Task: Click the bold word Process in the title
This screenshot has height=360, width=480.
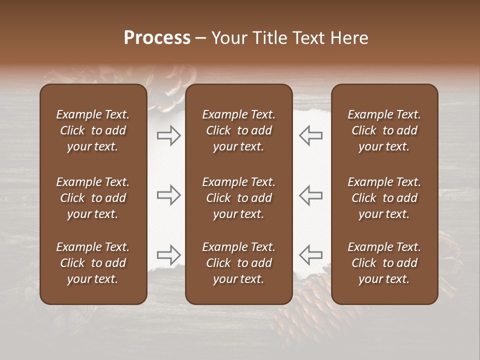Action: (x=157, y=38)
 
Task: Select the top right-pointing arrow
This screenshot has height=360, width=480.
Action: (x=168, y=135)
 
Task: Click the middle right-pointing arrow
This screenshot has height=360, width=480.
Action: (x=168, y=195)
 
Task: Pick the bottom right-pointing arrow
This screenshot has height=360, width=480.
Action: (x=168, y=255)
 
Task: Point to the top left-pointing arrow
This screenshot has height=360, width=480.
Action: (x=311, y=135)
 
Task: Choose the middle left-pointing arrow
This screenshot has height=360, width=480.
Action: (x=311, y=195)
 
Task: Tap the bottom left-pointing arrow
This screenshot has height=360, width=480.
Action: (x=311, y=255)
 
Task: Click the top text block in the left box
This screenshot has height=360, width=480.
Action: (x=93, y=130)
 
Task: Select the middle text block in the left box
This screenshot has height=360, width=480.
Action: (x=93, y=198)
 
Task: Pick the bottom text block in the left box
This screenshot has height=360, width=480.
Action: (x=93, y=263)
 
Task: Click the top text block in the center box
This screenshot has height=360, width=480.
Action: (x=239, y=130)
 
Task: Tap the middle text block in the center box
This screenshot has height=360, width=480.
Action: (x=239, y=198)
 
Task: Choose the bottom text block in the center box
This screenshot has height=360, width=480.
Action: (x=239, y=263)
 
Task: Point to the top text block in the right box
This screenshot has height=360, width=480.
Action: (x=384, y=130)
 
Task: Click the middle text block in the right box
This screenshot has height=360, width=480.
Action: (x=384, y=198)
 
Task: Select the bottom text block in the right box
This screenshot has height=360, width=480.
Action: (x=384, y=263)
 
